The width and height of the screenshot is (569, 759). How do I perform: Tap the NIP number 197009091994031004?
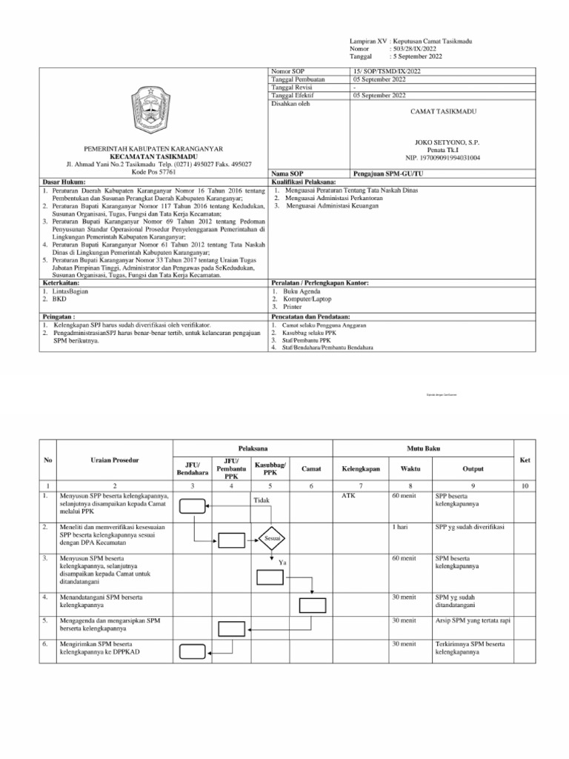(x=442, y=158)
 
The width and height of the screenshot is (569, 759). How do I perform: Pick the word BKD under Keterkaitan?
(x=55, y=299)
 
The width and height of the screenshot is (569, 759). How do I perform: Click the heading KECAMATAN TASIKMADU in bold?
(x=152, y=156)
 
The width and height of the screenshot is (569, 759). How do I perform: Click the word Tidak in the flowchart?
(x=261, y=501)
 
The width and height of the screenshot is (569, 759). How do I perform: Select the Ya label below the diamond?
(x=282, y=563)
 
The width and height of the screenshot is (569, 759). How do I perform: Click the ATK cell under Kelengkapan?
(x=348, y=495)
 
